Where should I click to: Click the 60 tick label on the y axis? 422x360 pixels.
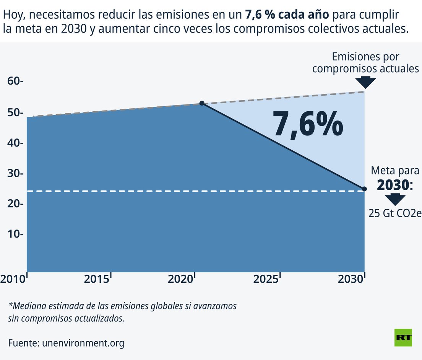click(15, 81)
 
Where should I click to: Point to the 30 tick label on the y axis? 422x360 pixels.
click(15, 173)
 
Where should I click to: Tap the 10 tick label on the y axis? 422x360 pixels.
click(15, 234)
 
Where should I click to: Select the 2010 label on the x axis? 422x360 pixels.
click(12, 279)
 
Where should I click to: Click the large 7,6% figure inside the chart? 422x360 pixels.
click(308, 124)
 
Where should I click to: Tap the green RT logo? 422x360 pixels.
click(403, 338)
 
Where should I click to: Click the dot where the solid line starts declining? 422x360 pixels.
click(202, 103)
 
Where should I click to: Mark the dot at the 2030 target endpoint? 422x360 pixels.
click(364, 189)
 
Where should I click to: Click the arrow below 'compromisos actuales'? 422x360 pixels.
click(365, 82)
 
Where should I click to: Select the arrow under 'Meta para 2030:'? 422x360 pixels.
click(395, 199)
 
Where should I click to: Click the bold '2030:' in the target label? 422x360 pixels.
click(395, 185)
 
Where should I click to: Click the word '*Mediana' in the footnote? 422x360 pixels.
click(26, 306)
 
